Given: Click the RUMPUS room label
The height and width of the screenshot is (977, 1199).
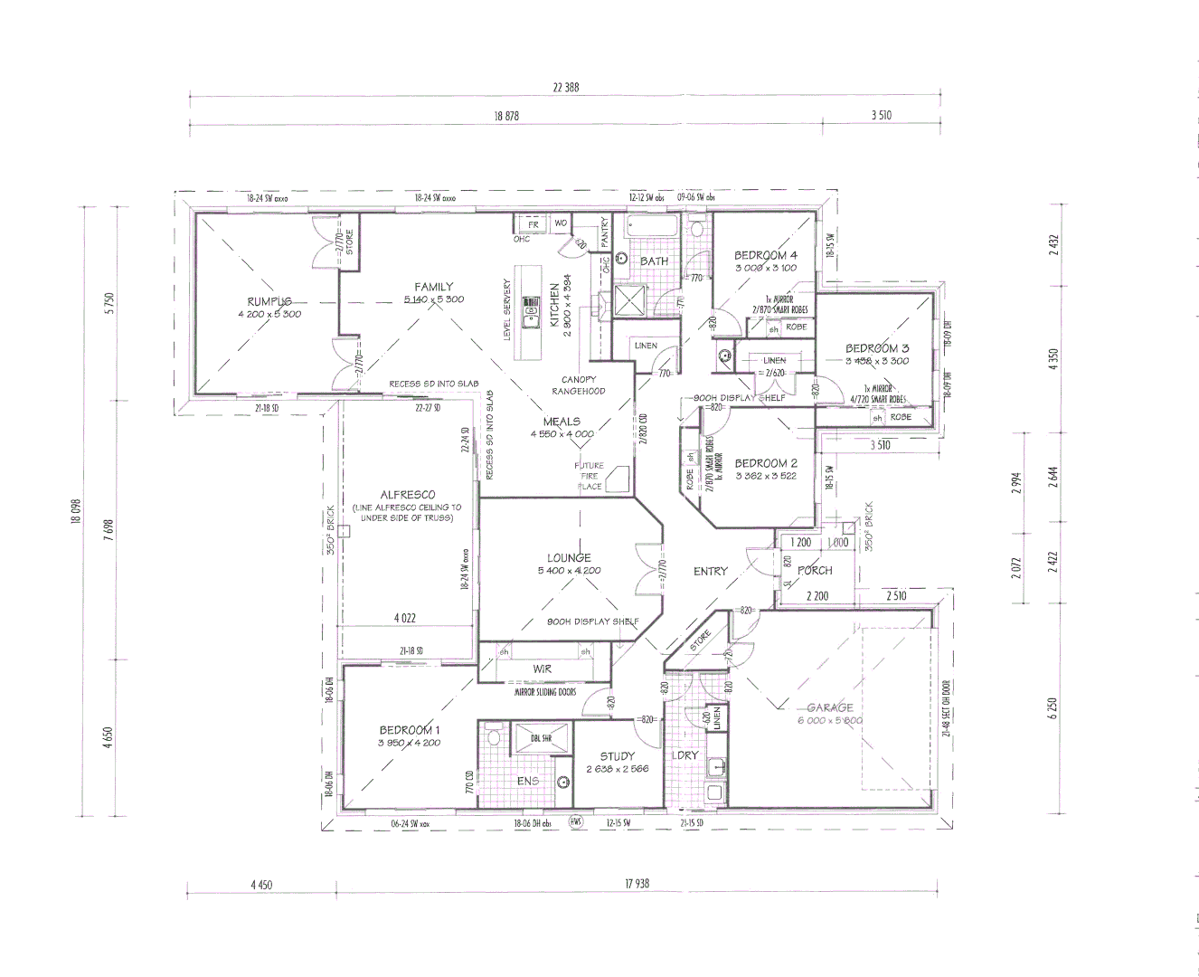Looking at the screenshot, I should (x=269, y=301).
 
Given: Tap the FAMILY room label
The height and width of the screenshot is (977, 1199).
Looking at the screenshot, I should (x=434, y=287).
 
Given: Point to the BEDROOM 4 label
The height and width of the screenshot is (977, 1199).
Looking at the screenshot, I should (x=766, y=255).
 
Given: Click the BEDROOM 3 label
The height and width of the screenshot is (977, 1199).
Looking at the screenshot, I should (x=877, y=348).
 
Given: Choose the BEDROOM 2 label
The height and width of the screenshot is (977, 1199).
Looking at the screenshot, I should (x=766, y=463).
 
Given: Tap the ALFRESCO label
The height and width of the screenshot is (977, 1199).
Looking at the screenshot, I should (x=408, y=495).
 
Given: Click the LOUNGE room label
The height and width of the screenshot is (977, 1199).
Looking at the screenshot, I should (x=569, y=558).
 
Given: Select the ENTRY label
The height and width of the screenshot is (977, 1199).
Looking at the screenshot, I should (x=711, y=571).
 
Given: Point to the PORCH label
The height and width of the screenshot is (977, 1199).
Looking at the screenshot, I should (x=815, y=571).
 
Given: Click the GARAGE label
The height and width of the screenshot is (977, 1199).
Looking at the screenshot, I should (x=830, y=707).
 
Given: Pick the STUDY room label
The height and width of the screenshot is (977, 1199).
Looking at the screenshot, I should (x=618, y=756).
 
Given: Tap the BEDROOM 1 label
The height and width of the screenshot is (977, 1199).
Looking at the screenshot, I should (x=410, y=730).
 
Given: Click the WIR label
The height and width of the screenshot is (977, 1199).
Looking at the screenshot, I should (x=543, y=669).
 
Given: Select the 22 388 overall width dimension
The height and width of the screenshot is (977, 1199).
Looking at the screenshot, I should (x=565, y=88).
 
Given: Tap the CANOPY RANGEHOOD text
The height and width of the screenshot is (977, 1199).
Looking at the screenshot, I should (x=579, y=385).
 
